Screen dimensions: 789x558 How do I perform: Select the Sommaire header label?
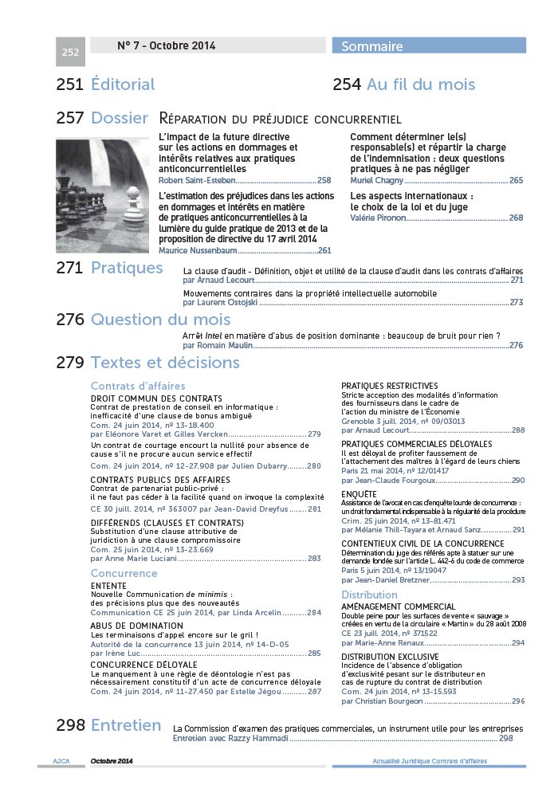pos(371,46)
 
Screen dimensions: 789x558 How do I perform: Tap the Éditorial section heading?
pos(123,84)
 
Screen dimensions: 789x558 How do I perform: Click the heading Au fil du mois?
pos(420,84)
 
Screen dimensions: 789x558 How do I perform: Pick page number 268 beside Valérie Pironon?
pos(516,218)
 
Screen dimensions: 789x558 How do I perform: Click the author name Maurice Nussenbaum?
pos(198,250)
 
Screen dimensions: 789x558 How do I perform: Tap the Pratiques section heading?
pos(127,268)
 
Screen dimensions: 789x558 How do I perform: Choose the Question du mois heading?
pos(160,320)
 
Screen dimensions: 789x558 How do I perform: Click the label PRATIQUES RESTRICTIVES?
pos(390,385)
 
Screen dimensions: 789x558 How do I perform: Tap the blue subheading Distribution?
pos(369,595)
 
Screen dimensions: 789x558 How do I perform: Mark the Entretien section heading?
pos(126,725)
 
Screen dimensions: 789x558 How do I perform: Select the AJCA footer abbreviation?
pos(61,761)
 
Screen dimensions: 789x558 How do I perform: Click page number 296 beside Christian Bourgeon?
pos(518,701)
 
